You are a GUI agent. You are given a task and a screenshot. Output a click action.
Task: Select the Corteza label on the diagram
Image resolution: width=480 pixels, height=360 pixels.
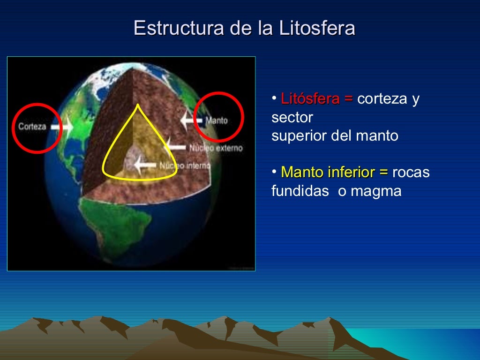tap(32, 127)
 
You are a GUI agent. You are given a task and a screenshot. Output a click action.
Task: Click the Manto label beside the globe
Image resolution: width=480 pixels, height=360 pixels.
tap(217, 120)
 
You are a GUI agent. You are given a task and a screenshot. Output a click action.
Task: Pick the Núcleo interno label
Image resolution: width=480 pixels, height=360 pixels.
tap(185, 165)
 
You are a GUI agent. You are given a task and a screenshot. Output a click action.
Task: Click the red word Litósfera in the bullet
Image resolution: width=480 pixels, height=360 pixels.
tap(310, 99)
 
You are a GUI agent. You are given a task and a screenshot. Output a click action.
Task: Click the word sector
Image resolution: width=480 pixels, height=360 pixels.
tap(292, 118)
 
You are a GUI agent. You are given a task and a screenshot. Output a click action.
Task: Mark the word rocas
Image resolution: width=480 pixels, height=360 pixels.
tap(411, 172)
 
